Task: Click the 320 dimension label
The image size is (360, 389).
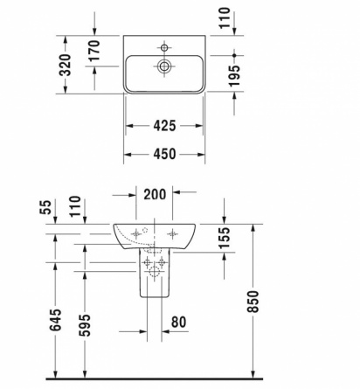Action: tap(65, 65)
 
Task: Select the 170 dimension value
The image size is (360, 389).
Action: tap(94, 51)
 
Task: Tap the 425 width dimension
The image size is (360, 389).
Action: tap(164, 126)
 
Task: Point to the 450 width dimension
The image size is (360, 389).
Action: tap(164, 154)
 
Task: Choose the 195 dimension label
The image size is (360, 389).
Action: tap(234, 76)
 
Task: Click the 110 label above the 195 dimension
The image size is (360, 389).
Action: tap(225, 18)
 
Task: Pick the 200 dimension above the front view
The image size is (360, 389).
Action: tap(155, 194)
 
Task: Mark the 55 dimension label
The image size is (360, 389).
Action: tap(45, 207)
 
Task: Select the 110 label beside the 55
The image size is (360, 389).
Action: tap(75, 206)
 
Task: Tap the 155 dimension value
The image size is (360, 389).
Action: tap(225, 238)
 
